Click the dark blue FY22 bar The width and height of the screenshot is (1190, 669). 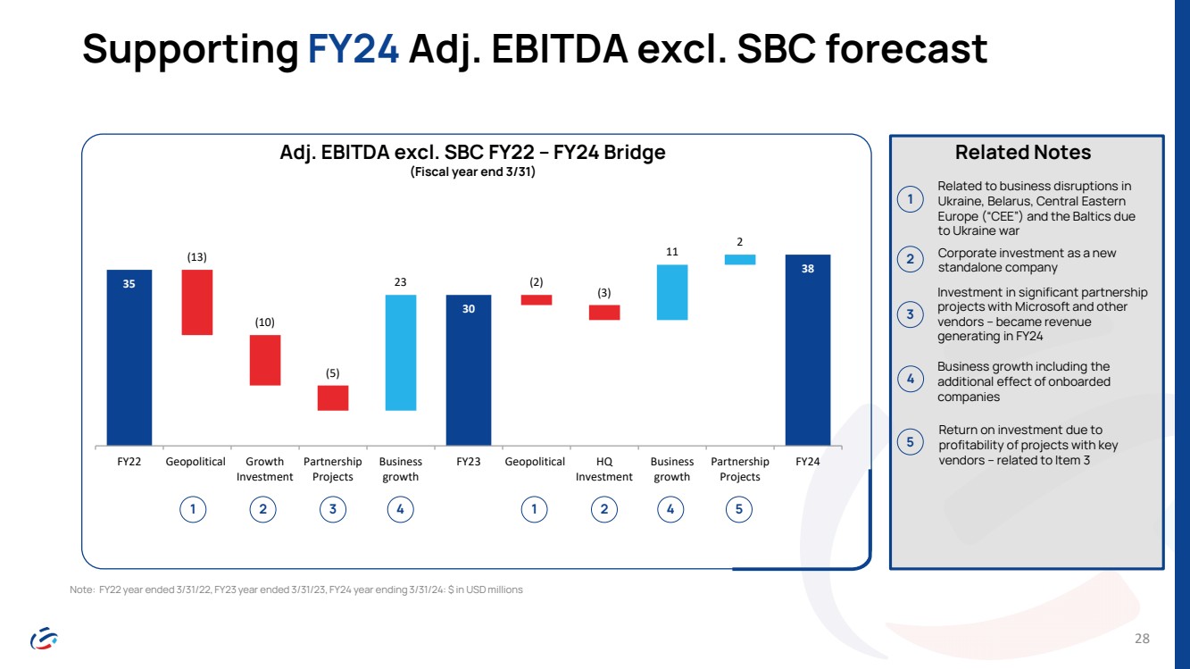click(x=129, y=356)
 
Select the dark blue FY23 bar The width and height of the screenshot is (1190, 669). click(x=468, y=369)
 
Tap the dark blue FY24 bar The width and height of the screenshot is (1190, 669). click(x=807, y=349)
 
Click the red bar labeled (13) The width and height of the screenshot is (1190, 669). click(x=197, y=302)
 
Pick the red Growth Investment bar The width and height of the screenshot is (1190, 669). click(x=265, y=360)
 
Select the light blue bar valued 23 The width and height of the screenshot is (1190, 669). click(x=401, y=352)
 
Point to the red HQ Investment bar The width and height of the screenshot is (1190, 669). click(x=604, y=313)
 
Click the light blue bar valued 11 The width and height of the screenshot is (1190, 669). click(x=672, y=292)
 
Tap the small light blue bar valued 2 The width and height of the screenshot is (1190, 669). click(x=740, y=260)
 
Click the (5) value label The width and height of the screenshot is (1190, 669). click(x=333, y=372)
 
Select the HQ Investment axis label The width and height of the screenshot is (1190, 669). click(x=604, y=469)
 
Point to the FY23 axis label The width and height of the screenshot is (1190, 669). click(x=469, y=462)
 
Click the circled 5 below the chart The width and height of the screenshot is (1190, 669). click(x=740, y=509)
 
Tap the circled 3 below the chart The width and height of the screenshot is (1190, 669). click(x=333, y=509)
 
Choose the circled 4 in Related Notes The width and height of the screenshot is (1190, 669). click(x=910, y=380)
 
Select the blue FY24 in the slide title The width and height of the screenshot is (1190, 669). click(x=353, y=50)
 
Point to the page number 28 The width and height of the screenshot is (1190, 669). click(x=1142, y=639)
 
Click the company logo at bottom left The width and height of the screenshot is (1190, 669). click(x=44, y=638)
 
